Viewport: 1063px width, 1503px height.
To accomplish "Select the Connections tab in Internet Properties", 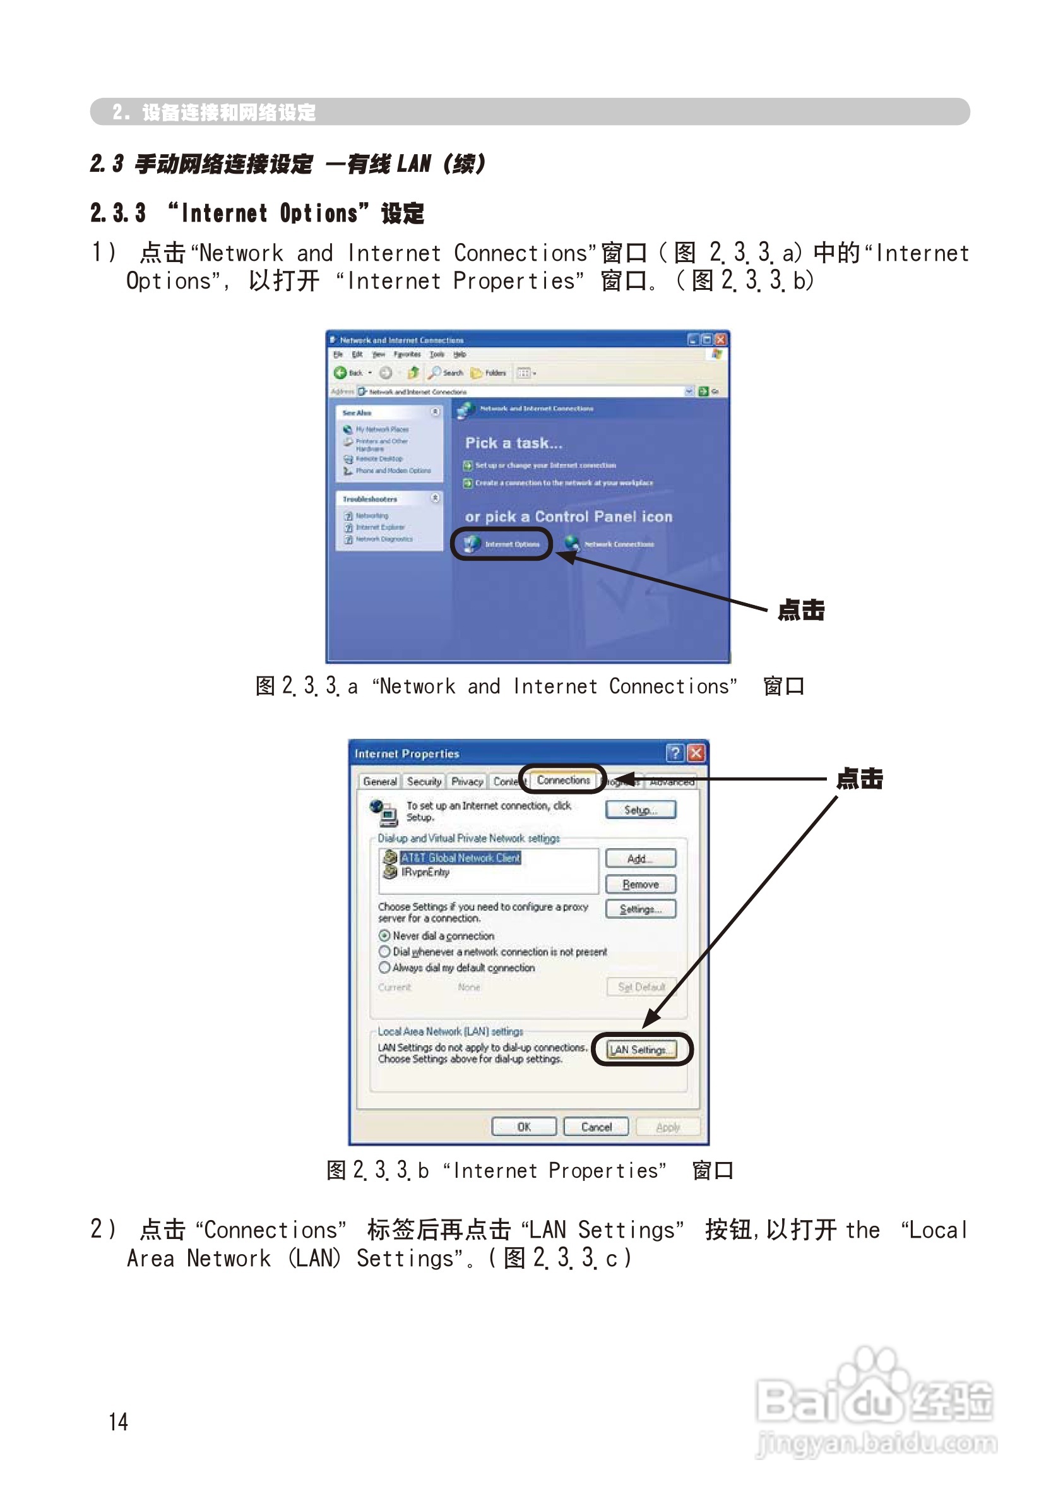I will [x=563, y=780].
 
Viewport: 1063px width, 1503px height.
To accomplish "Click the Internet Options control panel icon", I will [x=502, y=544].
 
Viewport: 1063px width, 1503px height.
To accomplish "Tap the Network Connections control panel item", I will [x=610, y=544].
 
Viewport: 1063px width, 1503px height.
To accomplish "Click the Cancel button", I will [x=596, y=1127].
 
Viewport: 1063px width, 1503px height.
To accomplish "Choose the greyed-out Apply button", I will [x=668, y=1127].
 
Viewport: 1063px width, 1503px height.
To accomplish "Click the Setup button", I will [x=640, y=810].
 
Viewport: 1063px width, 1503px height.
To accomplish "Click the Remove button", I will [x=640, y=884].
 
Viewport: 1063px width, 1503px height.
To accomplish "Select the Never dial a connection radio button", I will [x=385, y=936].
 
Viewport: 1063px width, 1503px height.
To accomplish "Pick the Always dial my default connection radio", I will [x=385, y=967].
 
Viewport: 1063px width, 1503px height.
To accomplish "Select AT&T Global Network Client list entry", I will [x=460, y=857].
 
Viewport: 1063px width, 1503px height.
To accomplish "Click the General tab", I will [x=379, y=781].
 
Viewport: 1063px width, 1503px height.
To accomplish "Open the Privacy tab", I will [x=466, y=781].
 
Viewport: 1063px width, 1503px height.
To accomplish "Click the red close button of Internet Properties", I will [x=696, y=753].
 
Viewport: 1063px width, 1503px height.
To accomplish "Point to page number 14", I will [x=119, y=1421].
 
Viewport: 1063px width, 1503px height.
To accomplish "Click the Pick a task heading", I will [x=514, y=443].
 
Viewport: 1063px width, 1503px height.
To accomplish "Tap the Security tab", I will [x=424, y=781].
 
